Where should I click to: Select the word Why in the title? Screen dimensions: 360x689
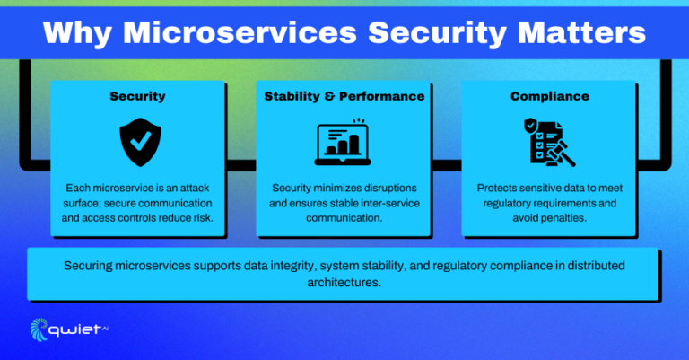[x=79, y=33]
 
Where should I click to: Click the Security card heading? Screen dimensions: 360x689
[x=136, y=95]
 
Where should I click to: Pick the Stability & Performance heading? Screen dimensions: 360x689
[x=344, y=95]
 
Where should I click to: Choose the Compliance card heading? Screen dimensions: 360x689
[x=550, y=95]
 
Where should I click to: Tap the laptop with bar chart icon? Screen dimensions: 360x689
[x=344, y=142]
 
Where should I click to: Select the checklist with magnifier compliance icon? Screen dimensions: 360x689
[x=549, y=142]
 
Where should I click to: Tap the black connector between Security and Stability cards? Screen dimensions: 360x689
[x=240, y=164]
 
